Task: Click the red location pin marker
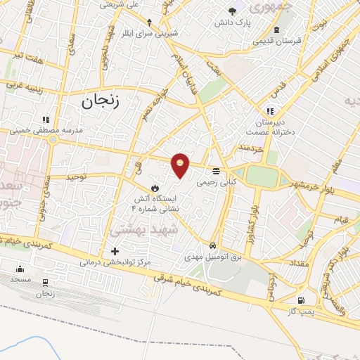point(181,165)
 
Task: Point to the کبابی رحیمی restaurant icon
point(215,170)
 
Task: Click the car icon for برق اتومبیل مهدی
point(212,245)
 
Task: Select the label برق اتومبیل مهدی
point(217,257)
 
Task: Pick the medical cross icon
point(115,251)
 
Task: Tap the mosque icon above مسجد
point(20,268)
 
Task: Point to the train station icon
point(46,283)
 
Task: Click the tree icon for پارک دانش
point(233,10)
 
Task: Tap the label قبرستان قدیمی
point(278,41)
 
